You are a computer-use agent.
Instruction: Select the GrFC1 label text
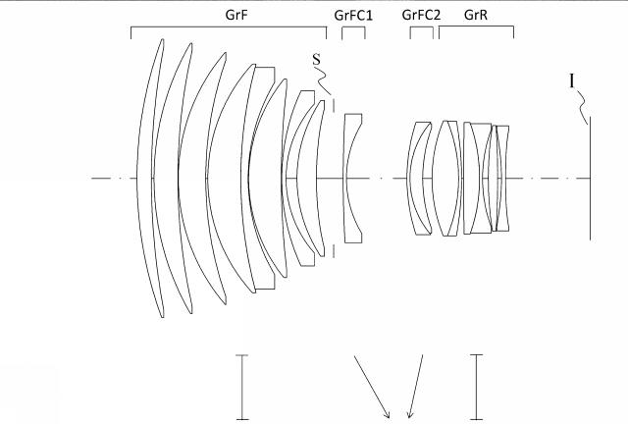click(352, 14)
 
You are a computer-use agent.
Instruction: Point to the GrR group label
click(476, 14)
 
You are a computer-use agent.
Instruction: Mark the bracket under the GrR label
click(476, 29)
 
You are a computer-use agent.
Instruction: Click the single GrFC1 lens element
click(352, 178)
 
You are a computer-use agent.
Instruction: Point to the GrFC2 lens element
click(419, 178)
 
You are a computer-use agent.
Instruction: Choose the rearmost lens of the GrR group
click(502, 178)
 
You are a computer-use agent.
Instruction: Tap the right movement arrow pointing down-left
click(416, 385)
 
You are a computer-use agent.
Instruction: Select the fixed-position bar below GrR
click(476, 386)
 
